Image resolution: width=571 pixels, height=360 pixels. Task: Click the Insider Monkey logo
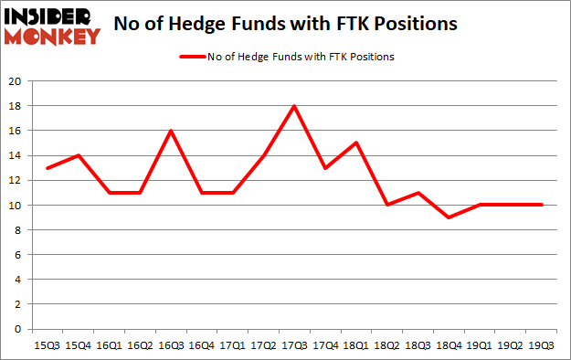pos(52,26)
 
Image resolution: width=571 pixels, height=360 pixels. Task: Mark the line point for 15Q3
pos(47,168)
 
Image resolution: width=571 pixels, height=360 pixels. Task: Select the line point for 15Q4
pos(79,155)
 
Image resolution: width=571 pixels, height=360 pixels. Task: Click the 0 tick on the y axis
pos(18,329)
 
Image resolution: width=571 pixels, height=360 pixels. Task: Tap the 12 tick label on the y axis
pos(16,180)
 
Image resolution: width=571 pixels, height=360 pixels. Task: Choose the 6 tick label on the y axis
pos(18,255)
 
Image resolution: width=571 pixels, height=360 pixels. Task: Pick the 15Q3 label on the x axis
pos(47,345)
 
